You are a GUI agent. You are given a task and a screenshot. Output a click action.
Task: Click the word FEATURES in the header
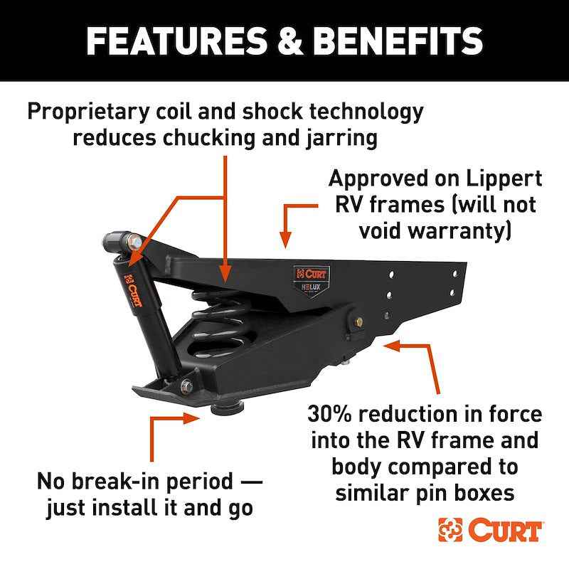176,41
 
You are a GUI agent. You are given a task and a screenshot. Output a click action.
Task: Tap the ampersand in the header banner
290,41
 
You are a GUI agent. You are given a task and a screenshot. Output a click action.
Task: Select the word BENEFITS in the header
398,41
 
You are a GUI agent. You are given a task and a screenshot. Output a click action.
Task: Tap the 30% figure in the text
329,414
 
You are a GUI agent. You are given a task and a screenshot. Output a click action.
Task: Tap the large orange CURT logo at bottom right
490,530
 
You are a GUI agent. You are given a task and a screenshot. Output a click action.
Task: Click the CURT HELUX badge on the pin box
312,280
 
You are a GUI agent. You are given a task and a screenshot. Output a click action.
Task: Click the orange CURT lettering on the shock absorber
133,289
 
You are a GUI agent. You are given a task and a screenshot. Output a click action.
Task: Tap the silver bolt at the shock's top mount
134,241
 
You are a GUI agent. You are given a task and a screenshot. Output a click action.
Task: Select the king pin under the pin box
228,408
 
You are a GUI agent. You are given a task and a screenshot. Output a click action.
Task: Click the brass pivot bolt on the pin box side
359,322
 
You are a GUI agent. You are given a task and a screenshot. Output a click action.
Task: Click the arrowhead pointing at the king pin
191,418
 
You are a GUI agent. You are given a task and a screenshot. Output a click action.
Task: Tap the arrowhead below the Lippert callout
286,240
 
